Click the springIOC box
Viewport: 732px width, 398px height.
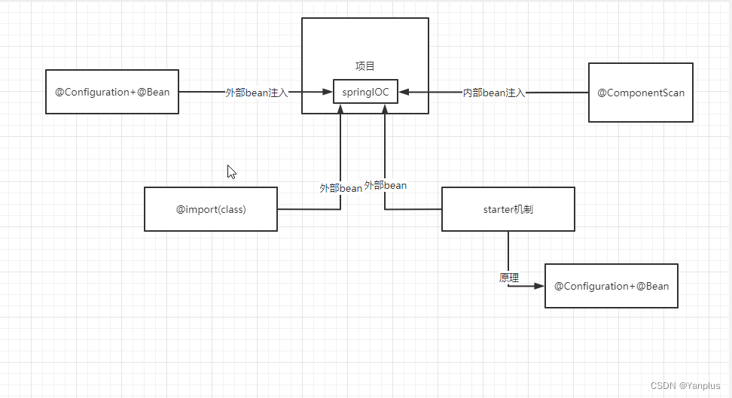coord(365,92)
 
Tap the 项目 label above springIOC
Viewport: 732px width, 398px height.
coord(365,66)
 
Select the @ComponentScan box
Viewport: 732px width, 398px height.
coord(641,93)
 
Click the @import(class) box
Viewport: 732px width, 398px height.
coord(211,209)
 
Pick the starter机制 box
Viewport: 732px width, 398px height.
coord(508,209)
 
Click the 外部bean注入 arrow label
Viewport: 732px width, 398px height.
coord(257,93)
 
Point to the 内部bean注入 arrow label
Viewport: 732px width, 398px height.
coord(494,93)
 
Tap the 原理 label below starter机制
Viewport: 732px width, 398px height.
coord(509,278)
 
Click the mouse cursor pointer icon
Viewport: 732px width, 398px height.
coord(231,171)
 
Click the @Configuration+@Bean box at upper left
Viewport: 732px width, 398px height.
coord(112,92)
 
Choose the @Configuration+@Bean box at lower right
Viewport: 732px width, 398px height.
coord(612,286)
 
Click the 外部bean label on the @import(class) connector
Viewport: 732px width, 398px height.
coord(341,188)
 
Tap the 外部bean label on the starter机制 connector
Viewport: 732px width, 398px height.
coord(386,185)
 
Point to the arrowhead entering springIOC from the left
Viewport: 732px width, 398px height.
coord(328,93)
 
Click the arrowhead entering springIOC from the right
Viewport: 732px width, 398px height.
coord(404,93)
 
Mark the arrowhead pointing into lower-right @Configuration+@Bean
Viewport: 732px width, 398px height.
coord(539,286)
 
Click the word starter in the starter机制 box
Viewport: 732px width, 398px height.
coord(498,209)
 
